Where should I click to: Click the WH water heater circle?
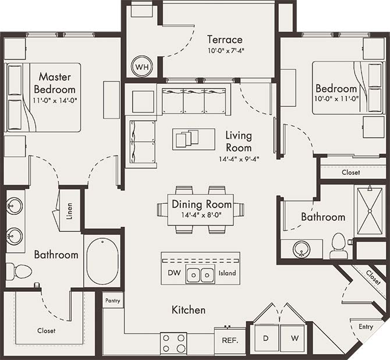pos(141,67)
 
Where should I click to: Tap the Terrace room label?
pos(225,40)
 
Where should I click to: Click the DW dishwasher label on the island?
pos(174,273)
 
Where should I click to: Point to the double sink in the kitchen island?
pos(201,274)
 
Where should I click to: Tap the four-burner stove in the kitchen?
pos(173,343)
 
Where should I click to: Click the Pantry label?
pos(112,301)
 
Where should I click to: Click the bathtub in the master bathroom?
pos(102,261)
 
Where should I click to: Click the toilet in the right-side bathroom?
pos(338,247)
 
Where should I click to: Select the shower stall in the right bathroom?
pos(370,209)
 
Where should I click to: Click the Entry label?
pos(366,327)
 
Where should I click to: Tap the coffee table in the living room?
pos(186,139)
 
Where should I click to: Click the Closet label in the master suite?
pos(47,330)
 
